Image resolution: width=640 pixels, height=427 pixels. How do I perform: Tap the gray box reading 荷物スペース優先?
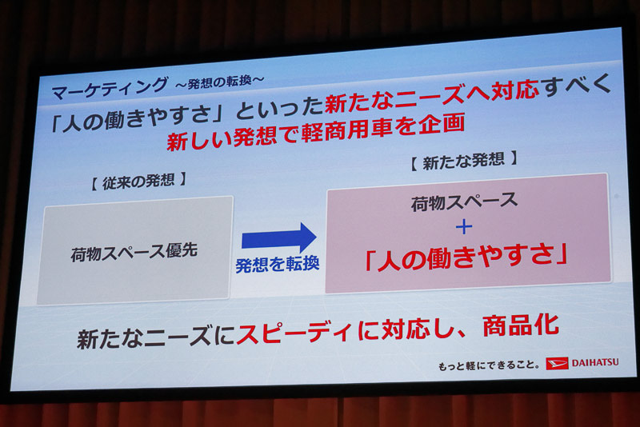click(134, 250)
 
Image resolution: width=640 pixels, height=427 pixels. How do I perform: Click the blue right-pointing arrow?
click(279, 237)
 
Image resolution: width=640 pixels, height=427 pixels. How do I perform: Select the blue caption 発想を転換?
click(278, 265)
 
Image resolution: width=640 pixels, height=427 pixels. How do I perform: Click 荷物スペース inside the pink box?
click(464, 201)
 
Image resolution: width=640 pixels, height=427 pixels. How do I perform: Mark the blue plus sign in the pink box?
click(464, 226)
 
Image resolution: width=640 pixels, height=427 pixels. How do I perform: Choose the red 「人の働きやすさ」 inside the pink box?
click(466, 256)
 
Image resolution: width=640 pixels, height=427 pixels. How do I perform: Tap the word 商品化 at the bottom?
click(525, 325)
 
